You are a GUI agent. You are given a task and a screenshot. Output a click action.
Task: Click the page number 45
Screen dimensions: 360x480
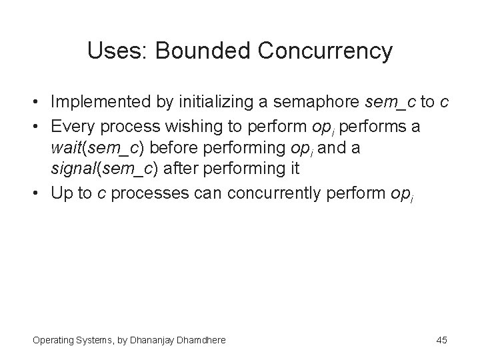click(441, 340)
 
